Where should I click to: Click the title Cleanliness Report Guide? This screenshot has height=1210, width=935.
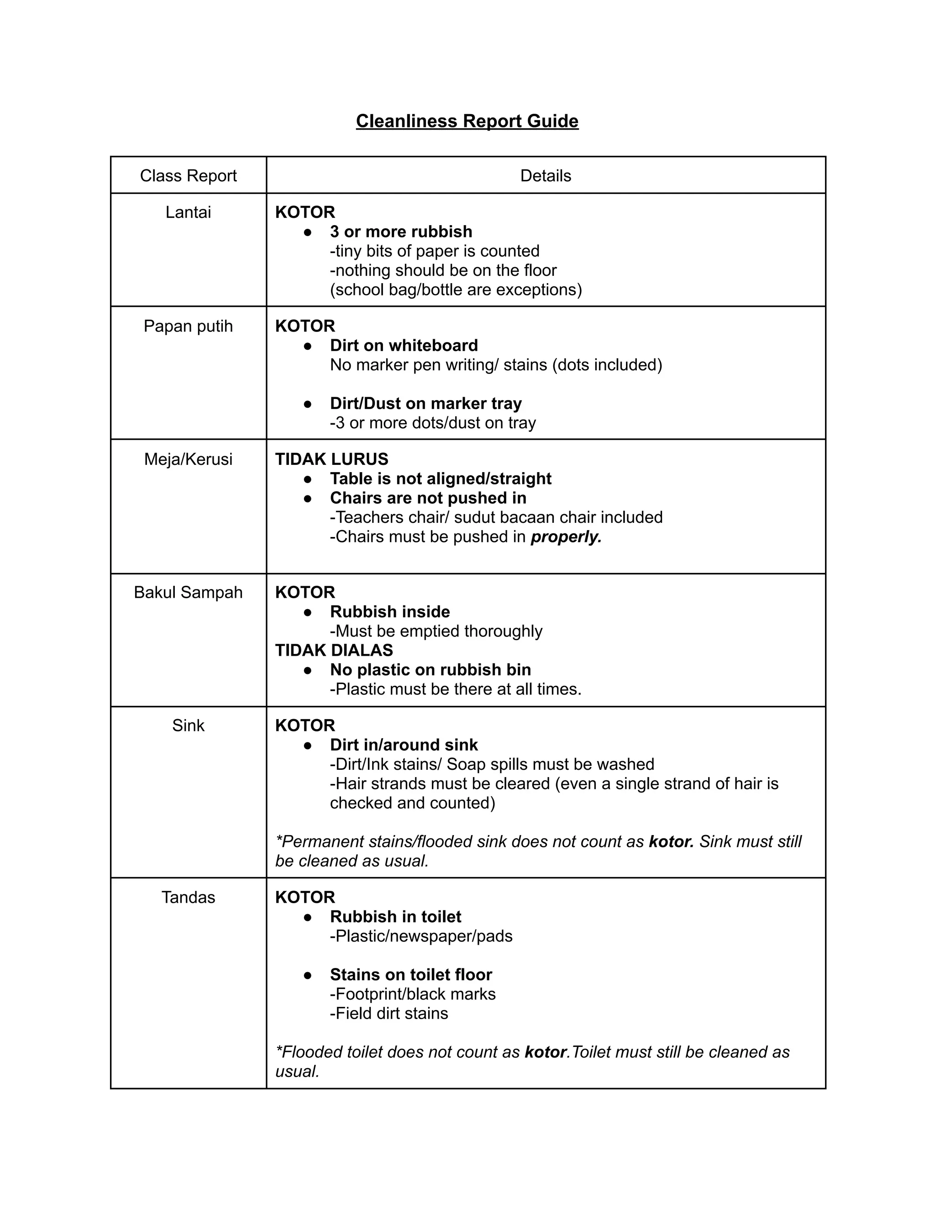point(467,121)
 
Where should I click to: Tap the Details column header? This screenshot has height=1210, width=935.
point(545,176)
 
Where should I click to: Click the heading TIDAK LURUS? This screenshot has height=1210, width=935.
point(331,459)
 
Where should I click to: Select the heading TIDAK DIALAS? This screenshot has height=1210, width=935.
point(334,650)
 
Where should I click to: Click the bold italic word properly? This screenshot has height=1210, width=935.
point(566,537)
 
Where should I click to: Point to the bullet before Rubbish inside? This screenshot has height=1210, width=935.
point(308,612)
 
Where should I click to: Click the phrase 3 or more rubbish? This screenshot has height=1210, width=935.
point(401,231)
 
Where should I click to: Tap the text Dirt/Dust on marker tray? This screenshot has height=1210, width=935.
point(425,403)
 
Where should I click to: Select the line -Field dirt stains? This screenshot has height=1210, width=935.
point(389,1013)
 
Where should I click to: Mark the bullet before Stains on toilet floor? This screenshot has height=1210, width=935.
point(308,975)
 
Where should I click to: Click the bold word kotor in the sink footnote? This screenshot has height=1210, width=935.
point(671,842)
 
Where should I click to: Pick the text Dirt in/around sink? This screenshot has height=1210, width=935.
point(403,745)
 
